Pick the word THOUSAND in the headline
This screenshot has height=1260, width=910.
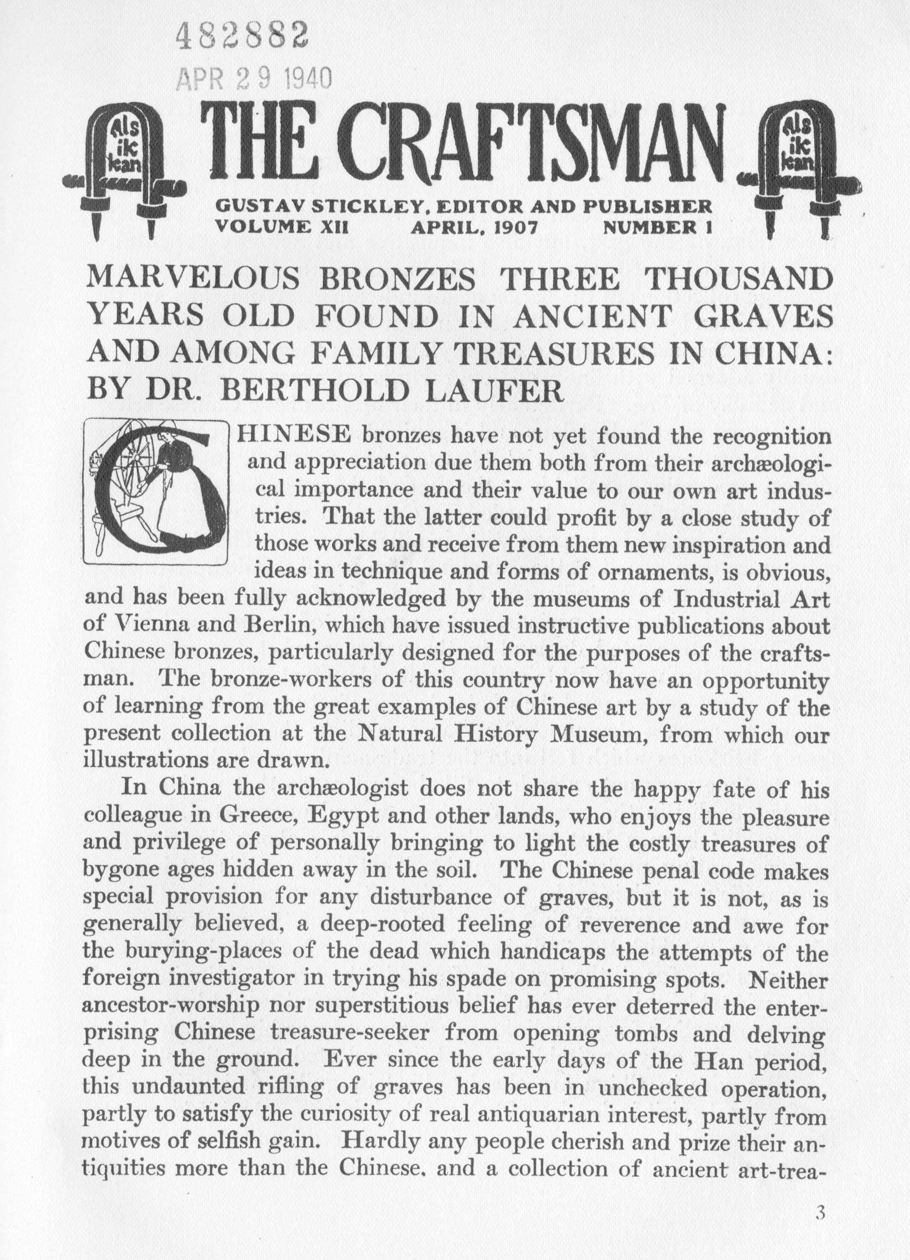[736, 280]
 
